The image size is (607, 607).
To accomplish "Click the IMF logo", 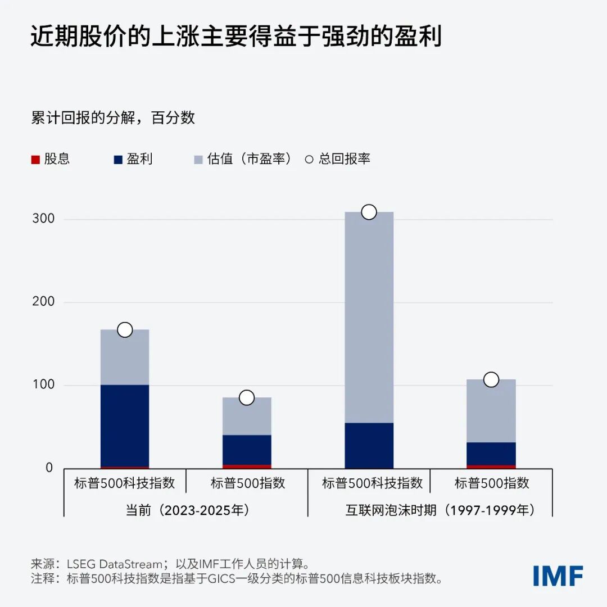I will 558,576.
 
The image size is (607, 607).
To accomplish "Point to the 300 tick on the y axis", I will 43,219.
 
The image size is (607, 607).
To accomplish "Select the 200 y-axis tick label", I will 43,302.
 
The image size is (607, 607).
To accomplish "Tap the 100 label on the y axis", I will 43,385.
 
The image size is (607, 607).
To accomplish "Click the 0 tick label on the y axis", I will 49,468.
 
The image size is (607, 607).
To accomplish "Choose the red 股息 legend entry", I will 51,159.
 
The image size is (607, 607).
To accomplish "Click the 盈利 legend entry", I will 133,159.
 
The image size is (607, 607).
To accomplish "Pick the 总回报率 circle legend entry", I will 338,159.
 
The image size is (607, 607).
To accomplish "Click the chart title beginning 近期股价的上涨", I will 236,37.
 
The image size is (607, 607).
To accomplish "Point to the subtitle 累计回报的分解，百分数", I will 113,117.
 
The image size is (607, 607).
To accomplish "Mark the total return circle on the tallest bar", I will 369,212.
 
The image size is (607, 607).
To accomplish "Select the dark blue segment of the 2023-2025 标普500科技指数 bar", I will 125,425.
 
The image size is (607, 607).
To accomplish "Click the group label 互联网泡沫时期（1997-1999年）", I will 440,510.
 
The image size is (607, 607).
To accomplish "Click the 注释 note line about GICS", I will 236,579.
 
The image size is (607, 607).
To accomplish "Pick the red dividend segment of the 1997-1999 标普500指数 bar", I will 491,466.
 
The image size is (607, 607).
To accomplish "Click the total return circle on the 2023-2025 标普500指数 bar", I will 247,398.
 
